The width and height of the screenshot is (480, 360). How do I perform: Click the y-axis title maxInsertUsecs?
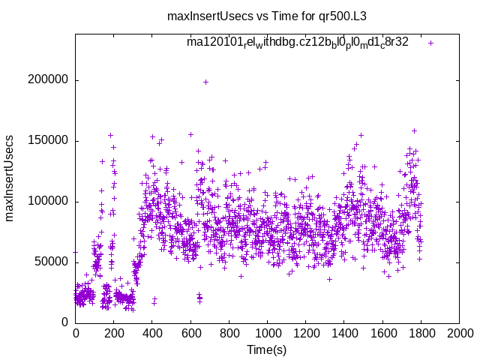10,178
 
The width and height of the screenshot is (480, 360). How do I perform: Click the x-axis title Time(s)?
267,349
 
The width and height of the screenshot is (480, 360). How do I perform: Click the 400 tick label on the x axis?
152,332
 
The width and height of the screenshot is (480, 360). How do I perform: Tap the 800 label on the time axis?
229,332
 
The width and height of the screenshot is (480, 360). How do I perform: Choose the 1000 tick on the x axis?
267,332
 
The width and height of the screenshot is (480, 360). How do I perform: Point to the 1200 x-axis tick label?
305,332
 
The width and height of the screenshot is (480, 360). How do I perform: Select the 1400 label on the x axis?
344,332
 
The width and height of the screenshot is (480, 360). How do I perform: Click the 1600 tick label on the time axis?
382,332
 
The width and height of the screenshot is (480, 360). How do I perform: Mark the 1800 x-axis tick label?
421,332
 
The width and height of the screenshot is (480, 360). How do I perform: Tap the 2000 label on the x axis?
459,332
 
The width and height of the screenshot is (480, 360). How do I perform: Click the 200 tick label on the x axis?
114,332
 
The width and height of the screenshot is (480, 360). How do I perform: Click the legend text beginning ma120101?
298,43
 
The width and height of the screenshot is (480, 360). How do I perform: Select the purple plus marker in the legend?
430,43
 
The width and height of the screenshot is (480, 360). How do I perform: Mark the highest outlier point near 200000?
205,82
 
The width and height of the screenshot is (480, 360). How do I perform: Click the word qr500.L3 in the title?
342,16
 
